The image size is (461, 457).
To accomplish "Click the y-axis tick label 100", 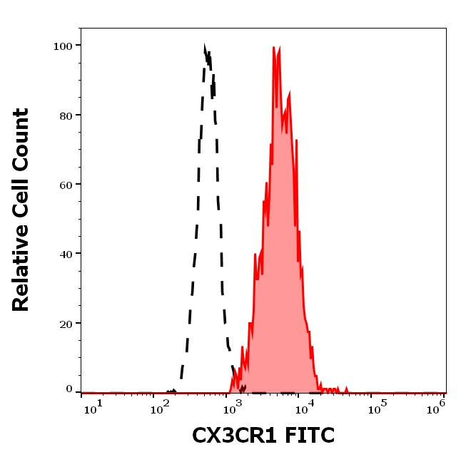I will coord(62,46).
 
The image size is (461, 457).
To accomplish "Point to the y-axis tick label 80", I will coord(65,115).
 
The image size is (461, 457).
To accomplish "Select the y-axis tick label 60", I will coord(65,184).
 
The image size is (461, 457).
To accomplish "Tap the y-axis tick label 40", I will coord(65,254).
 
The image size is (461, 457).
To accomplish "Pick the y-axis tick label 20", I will coord(65,323).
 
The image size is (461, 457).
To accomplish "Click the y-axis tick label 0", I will coord(69,389).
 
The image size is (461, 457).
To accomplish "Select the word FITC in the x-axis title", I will coord(307,435).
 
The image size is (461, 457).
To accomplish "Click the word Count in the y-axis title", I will coord(21,139).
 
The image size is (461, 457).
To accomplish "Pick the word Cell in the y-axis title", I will coord(21,199).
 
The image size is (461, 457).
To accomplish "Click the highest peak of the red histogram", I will coord(275,48).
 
